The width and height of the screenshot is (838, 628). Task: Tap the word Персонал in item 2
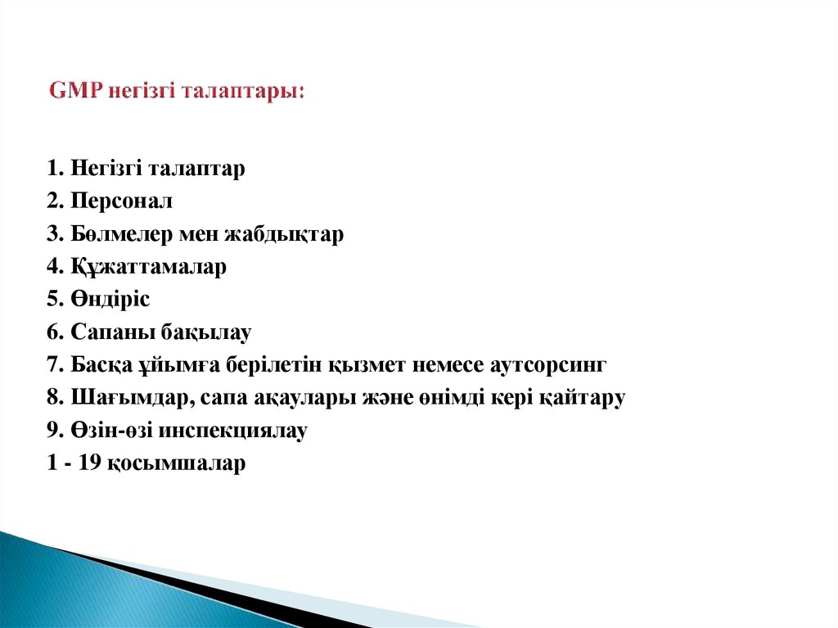pos(121,201)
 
